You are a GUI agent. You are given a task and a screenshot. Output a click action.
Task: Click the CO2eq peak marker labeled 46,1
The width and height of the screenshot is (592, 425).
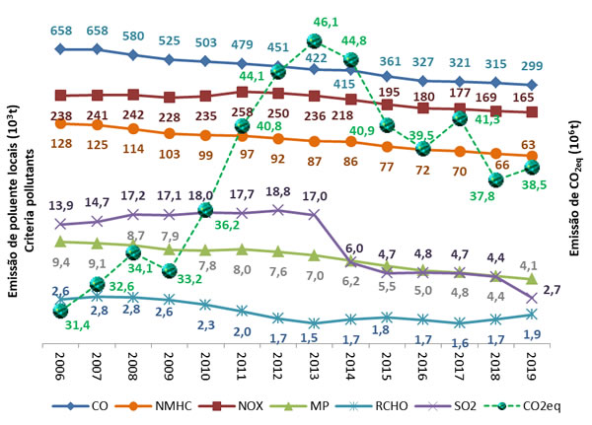(x=315, y=40)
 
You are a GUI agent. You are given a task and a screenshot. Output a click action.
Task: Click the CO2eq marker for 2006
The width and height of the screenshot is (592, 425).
(x=61, y=312)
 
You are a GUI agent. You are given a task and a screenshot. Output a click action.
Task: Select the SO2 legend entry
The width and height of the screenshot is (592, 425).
(x=426, y=404)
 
